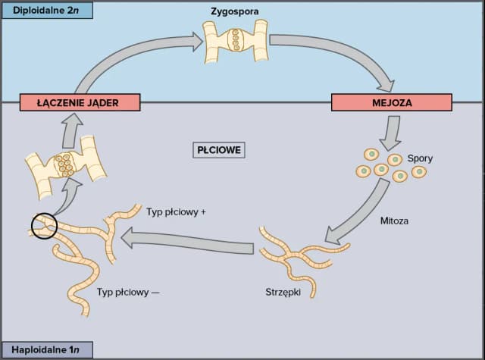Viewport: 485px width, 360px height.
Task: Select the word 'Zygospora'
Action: coord(235,12)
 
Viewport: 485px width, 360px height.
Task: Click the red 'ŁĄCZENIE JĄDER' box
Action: coord(70,102)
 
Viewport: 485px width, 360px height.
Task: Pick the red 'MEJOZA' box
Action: coord(392,102)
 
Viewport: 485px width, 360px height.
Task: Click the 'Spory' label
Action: coord(420,158)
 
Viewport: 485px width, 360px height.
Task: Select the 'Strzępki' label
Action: coord(283,291)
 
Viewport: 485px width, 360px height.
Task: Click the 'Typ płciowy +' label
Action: coord(176,212)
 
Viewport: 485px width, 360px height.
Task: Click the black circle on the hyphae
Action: coord(45,225)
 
